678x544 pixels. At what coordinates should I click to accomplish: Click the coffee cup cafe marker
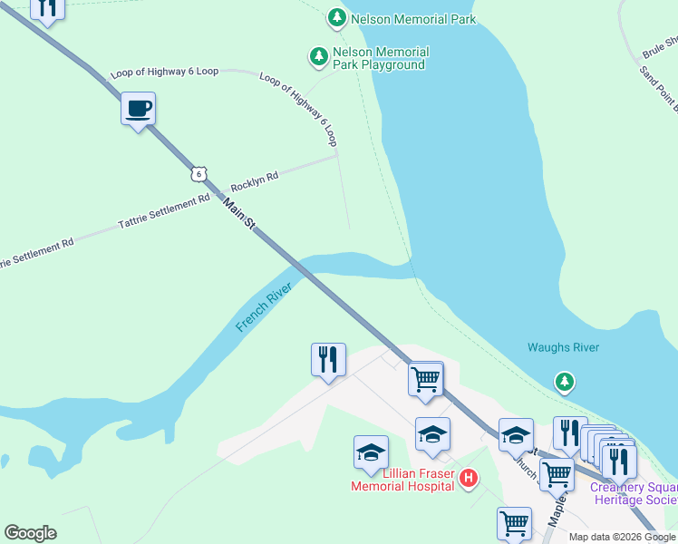(x=138, y=110)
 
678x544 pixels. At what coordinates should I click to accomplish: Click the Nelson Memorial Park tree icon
(x=336, y=17)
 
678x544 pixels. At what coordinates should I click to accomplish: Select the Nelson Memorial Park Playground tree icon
(x=318, y=57)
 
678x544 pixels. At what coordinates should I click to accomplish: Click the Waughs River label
(x=563, y=348)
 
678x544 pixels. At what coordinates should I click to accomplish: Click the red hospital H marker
(x=469, y=478)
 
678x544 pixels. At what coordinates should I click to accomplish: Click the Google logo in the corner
(x=30, y=533)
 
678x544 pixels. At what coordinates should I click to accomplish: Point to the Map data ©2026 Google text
(x=621, y=537)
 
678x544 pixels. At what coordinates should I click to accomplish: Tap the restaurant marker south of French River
(x=327, y=360)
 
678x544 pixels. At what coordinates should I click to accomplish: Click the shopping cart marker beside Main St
(x=425, y=378)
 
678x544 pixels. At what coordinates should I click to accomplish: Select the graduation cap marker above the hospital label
(x=371, y=452)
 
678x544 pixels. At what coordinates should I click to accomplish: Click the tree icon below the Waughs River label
(x=565, y=382)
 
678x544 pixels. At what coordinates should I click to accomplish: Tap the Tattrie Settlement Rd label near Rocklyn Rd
(x=164, y=213)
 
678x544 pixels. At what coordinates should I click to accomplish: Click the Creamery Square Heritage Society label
(x=633, y=493)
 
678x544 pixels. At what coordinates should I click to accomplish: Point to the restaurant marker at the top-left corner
(x=47, y=7)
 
